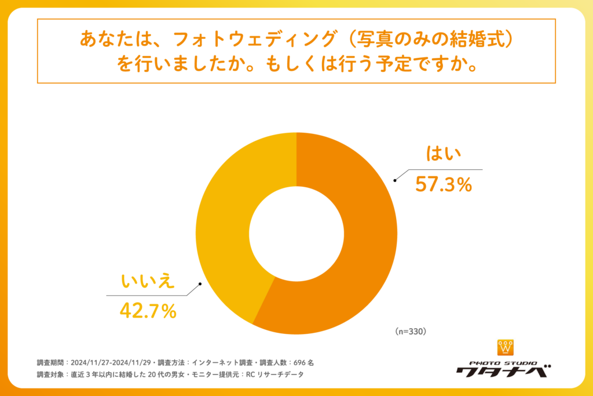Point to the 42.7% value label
click(148, 311)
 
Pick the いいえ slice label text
click(147, 281)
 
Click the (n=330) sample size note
click(411, 332)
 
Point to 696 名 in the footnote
click(303, 362)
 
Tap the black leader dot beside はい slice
click(395, 180)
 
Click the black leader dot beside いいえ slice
click(200, 284)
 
